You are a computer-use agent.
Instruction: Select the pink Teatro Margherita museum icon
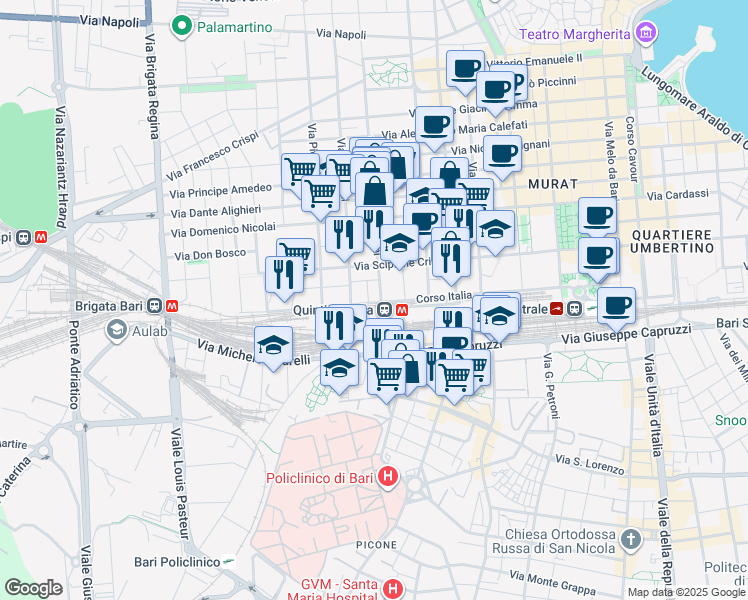click(646, 34)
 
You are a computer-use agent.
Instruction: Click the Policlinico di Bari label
click(319, 478)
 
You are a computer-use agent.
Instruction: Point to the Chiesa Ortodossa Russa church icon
click(630, 541)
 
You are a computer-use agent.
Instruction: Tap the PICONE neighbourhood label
click(377, 545)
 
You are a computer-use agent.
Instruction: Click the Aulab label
click(150, 330)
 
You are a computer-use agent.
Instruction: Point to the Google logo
click(33, 588)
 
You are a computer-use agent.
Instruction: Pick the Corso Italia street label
click(443, 298)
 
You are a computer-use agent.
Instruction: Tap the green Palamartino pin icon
click(182, 27)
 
